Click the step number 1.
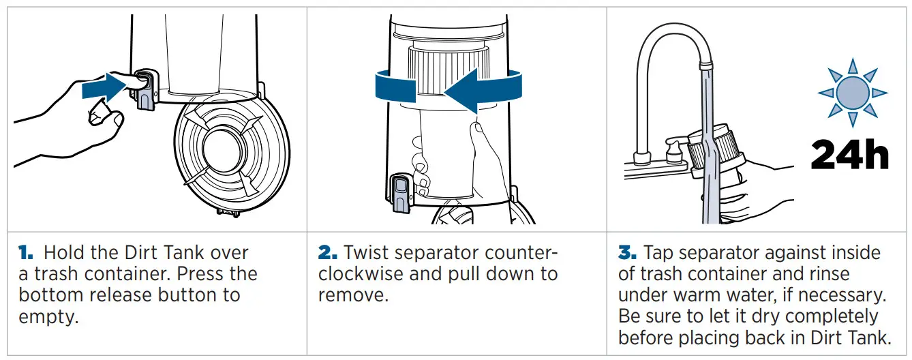point(25,252)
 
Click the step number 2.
point(328,252)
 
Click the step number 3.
point(628,252)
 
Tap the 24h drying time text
point(849,155)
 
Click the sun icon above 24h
point(851,92)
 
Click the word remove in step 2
point(352,295)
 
